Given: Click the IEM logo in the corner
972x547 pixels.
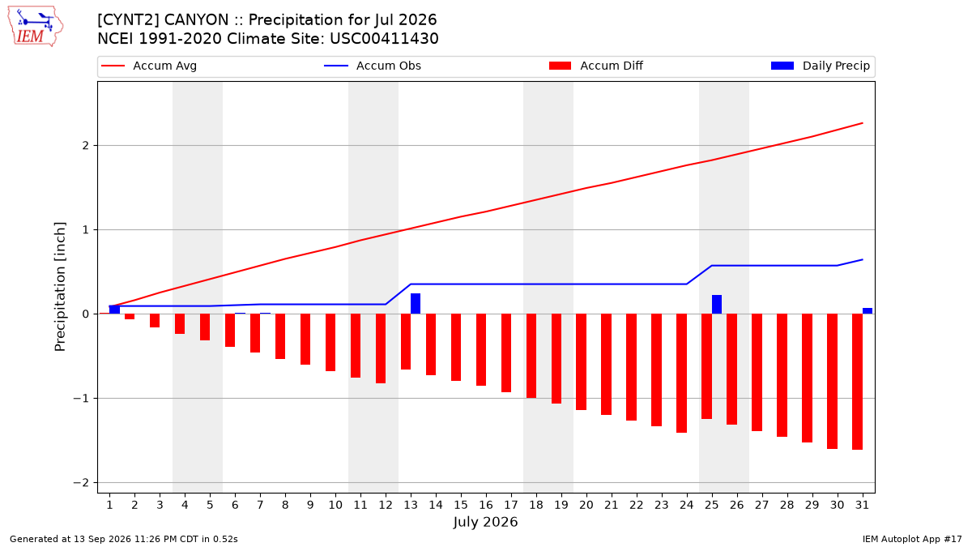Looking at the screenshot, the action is pos(35,27).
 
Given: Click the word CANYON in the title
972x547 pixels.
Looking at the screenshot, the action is pos(196,20).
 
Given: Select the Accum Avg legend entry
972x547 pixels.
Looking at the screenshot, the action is pos(149,66).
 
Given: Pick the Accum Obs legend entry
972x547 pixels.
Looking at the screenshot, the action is pos(373,66).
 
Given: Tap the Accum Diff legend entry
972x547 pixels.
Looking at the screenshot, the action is pos(596,66).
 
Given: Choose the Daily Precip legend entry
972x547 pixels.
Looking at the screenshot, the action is pos(820,66).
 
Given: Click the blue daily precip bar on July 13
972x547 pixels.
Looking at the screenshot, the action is pos(416,303).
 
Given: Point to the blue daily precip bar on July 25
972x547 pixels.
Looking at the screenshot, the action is pos(716,305).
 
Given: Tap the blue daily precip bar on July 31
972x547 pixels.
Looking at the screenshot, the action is pos(867,311).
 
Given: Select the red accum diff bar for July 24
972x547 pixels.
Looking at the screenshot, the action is pos(681,374).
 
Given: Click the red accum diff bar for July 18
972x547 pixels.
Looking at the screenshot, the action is pos(531,356).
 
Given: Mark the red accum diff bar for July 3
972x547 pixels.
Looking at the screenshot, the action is pos(155,320).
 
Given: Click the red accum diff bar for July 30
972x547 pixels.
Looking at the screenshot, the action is pos(832,381).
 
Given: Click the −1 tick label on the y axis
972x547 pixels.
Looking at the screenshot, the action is pos(81,398).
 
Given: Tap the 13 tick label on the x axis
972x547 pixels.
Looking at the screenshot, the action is pos(411,505).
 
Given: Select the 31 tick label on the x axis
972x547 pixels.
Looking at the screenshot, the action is pos(862,505).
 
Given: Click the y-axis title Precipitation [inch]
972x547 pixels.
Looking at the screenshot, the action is pos(60,287).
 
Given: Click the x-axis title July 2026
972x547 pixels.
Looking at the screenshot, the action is pos(485,522).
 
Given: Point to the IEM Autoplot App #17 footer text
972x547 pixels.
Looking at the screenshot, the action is pos(912,539).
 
